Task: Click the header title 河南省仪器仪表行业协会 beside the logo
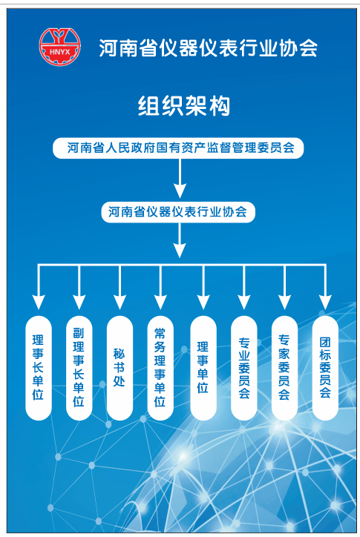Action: click(x=209, y=49)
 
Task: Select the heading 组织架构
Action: click(x=183, y=106)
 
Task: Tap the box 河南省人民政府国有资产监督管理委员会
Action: click(x=180, y=148)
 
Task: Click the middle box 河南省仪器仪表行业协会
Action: click(x=178, y=212)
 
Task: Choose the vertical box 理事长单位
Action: click(x=38, y=367)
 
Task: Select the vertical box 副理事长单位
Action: click(x=79, y=367)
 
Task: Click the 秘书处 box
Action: click(x=120, y=367)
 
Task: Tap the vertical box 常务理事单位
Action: click(x=160, y=367)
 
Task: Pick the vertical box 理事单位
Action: click(x=203, y=367)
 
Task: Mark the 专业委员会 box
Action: click(x=243, y=367)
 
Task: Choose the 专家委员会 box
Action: click(x=284, y=367)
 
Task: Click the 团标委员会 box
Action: click(x=325, y=367)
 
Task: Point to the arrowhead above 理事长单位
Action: click(x=38, y=301)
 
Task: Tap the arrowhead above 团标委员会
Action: click(x=325, y=301)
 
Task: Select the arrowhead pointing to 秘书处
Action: click(x=120, y=301)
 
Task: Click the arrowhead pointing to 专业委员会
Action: click(x=243, y=301)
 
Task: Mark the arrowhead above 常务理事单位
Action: click(x=160, y=301)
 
